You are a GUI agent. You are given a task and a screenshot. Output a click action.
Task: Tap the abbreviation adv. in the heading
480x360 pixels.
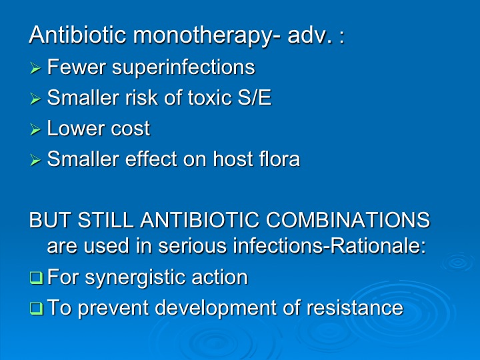pos(310,35)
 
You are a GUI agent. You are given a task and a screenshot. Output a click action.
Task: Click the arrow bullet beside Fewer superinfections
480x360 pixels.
pos(35,68)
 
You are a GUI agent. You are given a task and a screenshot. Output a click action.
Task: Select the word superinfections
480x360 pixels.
pos(183,67)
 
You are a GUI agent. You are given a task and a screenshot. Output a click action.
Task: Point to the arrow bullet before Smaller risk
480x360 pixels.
pos(35,99)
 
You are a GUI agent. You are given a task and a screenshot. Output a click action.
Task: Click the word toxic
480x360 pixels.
pos(210,97)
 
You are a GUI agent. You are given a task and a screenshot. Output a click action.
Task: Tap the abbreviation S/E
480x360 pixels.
pos(255,97)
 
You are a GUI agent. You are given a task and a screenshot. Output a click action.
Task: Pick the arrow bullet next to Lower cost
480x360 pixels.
pos(35,129)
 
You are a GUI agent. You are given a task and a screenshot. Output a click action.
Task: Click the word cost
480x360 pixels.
pos(131,129)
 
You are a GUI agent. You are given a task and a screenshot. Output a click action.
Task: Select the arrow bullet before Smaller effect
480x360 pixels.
pos(35,160)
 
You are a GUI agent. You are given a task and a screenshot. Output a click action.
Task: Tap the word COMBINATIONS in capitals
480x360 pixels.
pos(348,220)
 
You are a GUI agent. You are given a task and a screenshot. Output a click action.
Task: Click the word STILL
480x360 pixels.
pos(105,220)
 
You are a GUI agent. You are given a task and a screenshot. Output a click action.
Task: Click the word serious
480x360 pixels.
pos(192,246)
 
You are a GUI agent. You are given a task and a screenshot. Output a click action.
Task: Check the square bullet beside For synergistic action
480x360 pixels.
pos(36,277)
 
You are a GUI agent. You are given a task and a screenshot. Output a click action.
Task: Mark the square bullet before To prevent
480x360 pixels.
pos(36,308)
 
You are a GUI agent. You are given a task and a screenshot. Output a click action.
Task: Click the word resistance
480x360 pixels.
pos(355,307)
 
